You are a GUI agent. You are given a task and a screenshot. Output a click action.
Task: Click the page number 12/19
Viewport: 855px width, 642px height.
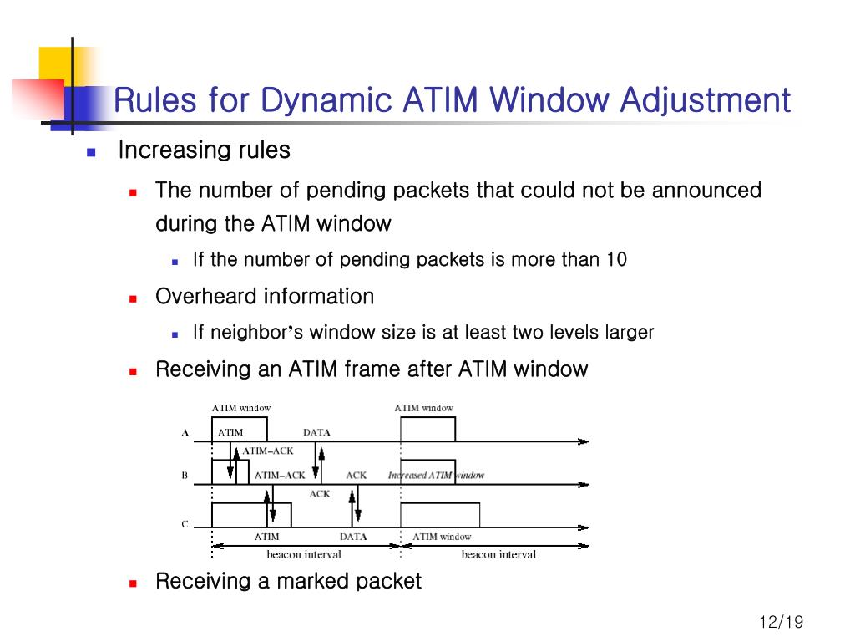[781, 623]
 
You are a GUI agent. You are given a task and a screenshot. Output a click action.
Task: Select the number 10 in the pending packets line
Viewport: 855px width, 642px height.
[616, 260]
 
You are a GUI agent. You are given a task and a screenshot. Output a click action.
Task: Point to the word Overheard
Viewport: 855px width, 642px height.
[206, 297]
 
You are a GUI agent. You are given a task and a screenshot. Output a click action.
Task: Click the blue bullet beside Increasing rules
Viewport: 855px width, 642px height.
[92, 152]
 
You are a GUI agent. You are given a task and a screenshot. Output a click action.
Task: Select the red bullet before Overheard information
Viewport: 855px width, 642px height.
[133, 298]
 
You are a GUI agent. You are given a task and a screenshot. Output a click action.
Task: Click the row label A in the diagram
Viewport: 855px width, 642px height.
[185, 433]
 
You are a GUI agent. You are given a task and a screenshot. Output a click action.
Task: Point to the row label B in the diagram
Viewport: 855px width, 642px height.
[185, 476]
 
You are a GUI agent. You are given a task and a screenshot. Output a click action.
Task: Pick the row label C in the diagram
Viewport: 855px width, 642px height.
[185, 525]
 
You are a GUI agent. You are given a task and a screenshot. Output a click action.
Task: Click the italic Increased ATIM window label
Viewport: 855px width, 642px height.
[436, 476]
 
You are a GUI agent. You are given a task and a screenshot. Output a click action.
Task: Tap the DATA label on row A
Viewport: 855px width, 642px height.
[316, 433]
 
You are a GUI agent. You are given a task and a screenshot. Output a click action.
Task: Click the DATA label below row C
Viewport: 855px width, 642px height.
[353, 537]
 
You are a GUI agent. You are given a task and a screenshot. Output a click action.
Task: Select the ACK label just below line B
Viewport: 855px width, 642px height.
[320, 494]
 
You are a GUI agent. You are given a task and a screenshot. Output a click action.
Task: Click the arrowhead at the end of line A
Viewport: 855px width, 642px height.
[584, 441]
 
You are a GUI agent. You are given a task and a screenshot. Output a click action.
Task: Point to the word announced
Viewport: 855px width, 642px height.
[706, 191]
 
